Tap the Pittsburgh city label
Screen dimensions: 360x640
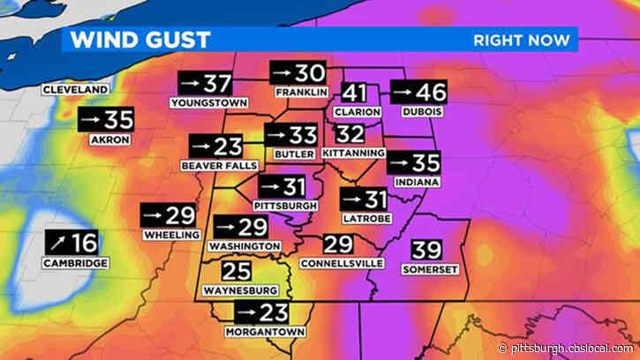(x=285, y=206)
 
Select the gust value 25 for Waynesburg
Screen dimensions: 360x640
(x=237, y=271)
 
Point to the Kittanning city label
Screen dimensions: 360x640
(x=354, y=153)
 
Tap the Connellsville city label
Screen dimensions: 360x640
(x=336, y=263)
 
